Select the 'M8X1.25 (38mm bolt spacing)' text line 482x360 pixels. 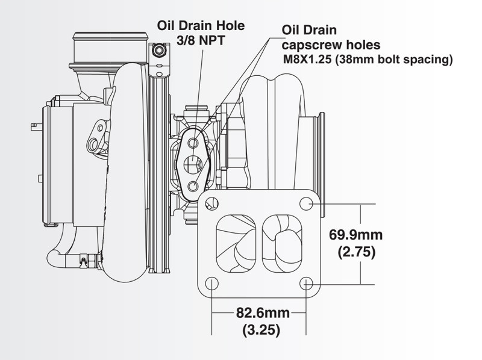(368, 60)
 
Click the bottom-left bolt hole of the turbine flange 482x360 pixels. (211, 283)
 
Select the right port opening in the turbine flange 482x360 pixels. (283, 243)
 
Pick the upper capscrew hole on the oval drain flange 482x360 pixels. (193, 143)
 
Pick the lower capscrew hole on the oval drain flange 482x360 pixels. (193, 185)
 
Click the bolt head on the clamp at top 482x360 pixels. (158, 51)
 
